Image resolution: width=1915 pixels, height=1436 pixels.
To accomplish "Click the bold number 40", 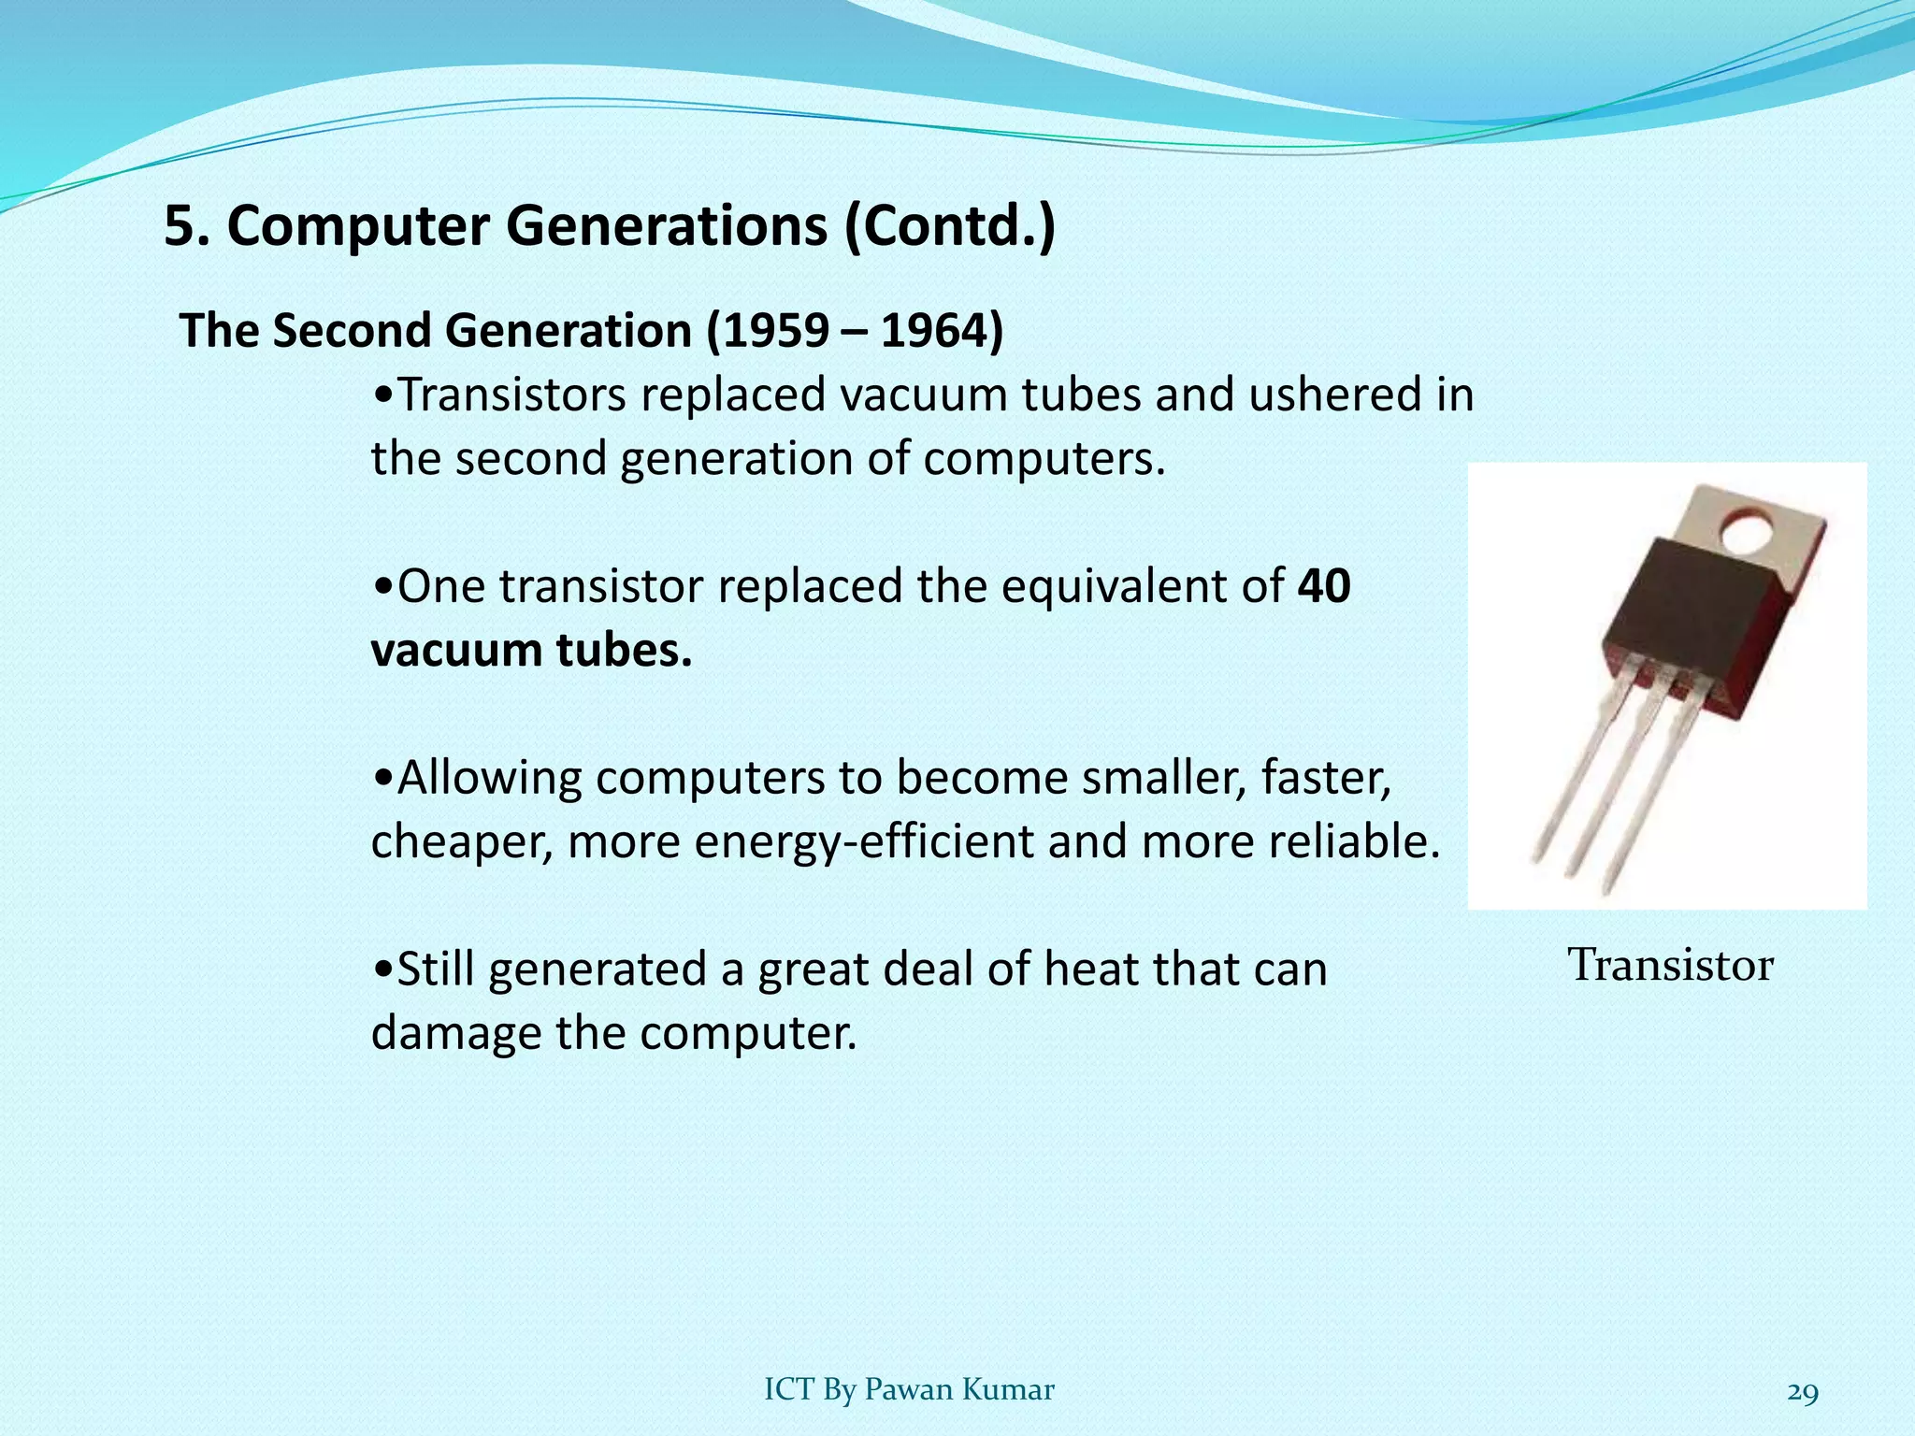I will (x=1324, y=586).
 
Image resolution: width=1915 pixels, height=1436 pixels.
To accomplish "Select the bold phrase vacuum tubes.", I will (x=531, y=650).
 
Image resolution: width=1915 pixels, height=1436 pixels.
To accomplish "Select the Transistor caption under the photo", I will (x=1670, y=965).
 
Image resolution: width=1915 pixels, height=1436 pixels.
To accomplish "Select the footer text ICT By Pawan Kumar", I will (x=909, y=1390).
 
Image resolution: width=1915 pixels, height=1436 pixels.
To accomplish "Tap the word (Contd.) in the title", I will (x=950, y=226).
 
